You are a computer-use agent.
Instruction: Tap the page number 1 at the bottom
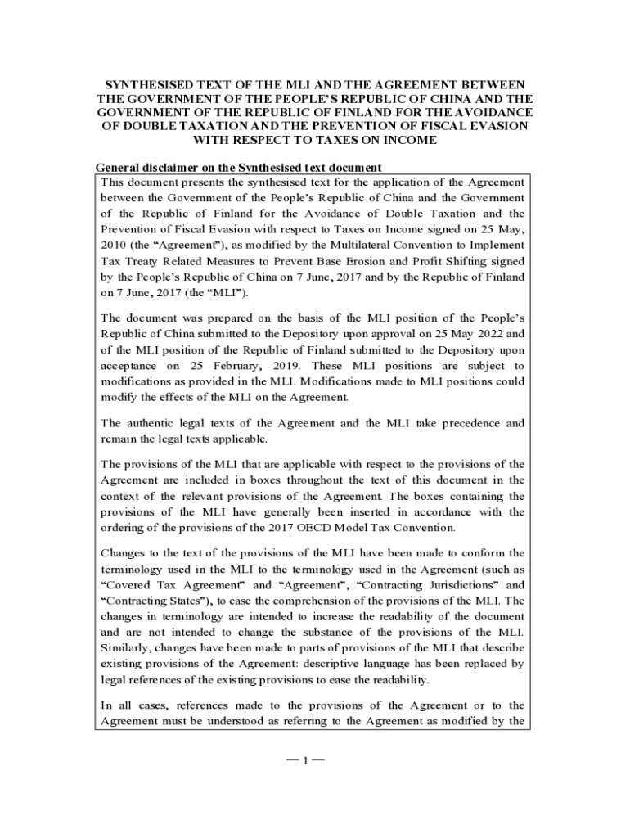click(305, 761)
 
